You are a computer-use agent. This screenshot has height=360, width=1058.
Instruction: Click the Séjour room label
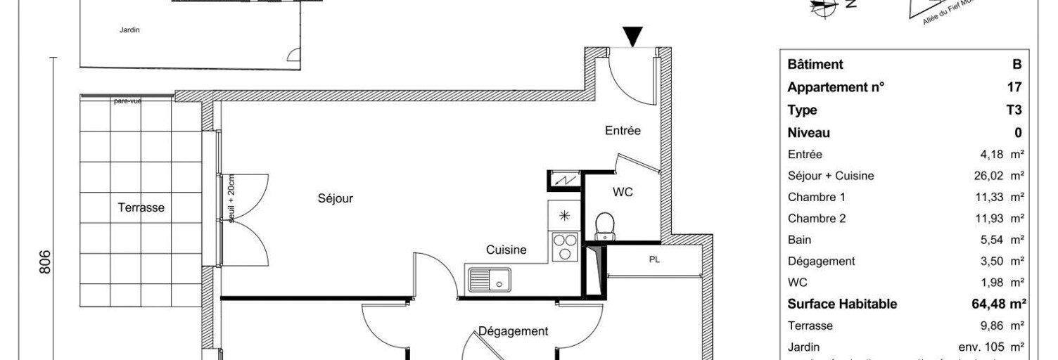point(335,199)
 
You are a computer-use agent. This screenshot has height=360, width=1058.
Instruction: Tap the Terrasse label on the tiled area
point(141,207)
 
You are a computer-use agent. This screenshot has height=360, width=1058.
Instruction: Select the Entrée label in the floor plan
point(623,130)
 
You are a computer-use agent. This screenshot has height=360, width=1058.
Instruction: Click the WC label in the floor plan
point(623,191)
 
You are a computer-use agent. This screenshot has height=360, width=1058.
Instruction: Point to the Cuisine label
point(506,250)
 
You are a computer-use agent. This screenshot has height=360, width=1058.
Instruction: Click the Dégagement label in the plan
point(513,331)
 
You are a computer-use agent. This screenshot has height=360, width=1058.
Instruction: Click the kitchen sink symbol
point(490,280)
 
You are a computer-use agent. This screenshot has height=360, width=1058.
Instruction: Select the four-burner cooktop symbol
point(564,247)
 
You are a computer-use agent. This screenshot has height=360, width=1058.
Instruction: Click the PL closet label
point(654,259)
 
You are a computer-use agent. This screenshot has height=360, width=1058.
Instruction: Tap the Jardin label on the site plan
point(129,30)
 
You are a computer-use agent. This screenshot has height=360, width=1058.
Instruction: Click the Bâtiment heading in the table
point(815,65)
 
